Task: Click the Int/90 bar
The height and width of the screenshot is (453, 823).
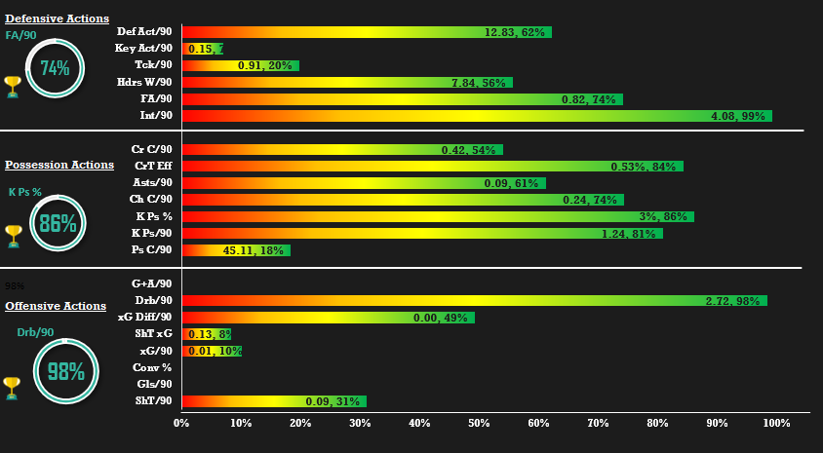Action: pos(477,116)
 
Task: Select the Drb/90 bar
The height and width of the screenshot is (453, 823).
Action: pos(474,300)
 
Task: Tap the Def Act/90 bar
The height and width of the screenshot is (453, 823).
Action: pos(367,32)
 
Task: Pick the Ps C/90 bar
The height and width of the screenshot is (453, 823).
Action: pos(236,250)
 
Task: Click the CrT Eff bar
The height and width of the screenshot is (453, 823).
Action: pos(432,167)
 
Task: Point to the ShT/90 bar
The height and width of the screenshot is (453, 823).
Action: pos(274,401)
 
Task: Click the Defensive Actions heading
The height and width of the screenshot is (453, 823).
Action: pos(57,19)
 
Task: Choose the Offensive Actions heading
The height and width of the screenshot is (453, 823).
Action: pos(56,306)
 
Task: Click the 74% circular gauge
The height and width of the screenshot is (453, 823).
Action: pos(55,68)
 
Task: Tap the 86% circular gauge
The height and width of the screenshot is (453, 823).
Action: pos(59,223)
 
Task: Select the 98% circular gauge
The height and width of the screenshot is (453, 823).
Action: pos(65,371)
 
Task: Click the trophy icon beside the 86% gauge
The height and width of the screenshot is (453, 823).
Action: pos(13,235)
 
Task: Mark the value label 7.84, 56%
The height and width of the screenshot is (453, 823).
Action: pos(479,83)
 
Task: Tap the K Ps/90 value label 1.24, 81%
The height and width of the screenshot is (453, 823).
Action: pos(629,234)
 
